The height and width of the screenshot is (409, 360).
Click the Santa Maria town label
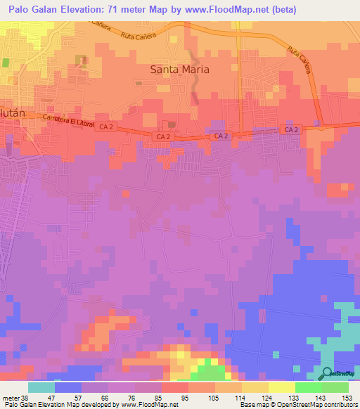click(180, 70)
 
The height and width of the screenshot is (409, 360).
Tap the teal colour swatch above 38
click(41, 387)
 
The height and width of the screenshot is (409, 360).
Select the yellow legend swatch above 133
click(281, 387)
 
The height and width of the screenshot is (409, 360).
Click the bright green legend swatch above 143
click(308, 387)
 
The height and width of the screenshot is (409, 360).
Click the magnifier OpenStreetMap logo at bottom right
click(327, 374)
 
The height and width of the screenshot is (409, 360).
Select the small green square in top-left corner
click(6, 63)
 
